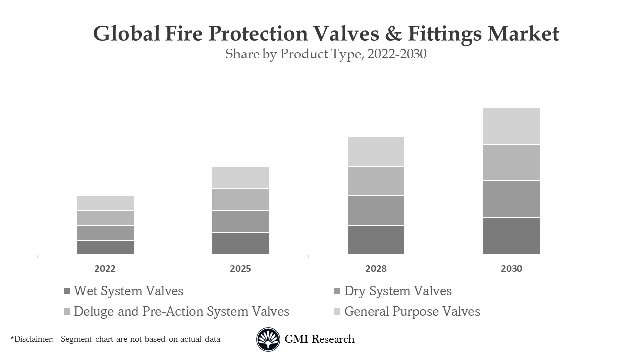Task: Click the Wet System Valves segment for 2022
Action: pos(105,247)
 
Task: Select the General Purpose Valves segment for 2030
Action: pos(511,126)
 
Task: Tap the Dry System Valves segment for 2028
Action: pos(376,210)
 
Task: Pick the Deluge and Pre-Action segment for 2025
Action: pos(240,199)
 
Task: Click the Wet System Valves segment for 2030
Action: pos(511,236)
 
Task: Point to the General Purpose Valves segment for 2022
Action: pos(105,203)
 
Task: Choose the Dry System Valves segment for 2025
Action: pos(240,221)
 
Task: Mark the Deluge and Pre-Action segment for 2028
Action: pos(376,181)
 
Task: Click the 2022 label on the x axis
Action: pos(105,269)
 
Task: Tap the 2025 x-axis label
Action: pos(240,269)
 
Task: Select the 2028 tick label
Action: pos(376,269)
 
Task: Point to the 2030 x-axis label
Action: pos(511,269)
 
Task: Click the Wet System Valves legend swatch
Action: pos(67,291)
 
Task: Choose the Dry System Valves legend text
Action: pos(398,291)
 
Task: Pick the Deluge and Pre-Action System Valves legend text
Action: pos(181,311)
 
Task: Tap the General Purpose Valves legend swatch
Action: pos(337,312)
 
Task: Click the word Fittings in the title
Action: pos(445,34)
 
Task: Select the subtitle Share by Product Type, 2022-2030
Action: pos(326,54)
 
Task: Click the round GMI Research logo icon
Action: pos(268,339)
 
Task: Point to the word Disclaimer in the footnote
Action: pos(33,339)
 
